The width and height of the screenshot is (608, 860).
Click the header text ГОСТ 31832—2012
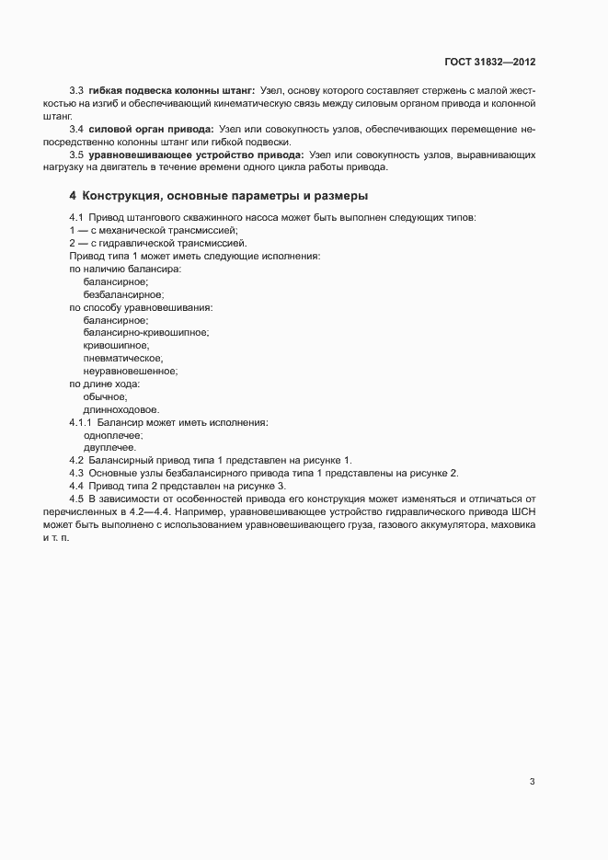click(489, 63)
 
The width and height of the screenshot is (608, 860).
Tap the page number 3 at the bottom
click(532, 782)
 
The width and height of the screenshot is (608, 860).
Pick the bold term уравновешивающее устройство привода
click(196, 156)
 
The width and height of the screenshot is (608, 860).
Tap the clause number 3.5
click(76, 156)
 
